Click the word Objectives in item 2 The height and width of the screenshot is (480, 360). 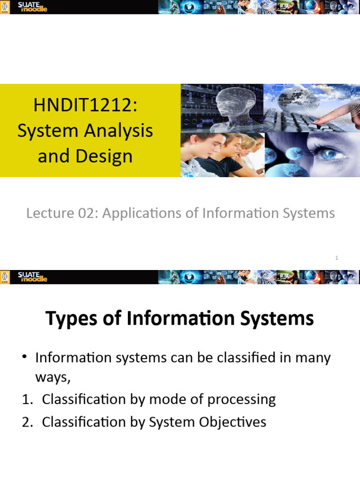click(x=233, y=422)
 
